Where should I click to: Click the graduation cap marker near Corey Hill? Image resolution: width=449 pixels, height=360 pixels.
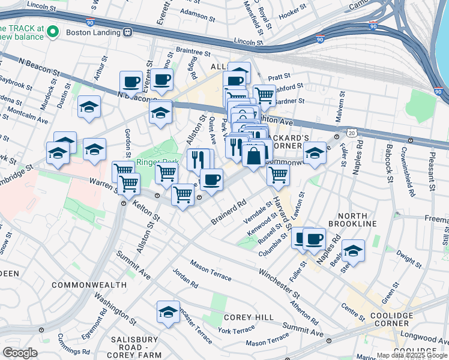pyautogui.click(x=168, y=313)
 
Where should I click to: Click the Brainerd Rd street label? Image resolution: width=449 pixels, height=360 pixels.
pyautogui.click(x=229, y=213)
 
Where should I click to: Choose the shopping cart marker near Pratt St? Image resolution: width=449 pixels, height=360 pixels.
pyautogui.click(x=264, y=95)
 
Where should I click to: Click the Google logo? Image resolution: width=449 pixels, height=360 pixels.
pyautogui.click(x=20, y=353)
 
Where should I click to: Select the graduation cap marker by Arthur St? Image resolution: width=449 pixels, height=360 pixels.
pyautogui.click(x=89, y=108)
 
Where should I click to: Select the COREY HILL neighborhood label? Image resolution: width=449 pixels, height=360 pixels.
pyautogui.click(x=249, y=317)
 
